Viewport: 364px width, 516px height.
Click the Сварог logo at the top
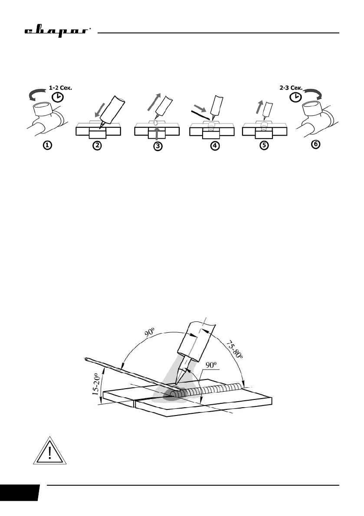click(x=56, y=32)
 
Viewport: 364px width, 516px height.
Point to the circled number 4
click(x=214, y=146)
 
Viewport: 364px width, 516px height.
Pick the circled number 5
click(x=265, y=146)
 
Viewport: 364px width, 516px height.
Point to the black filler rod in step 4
click(x=201, y=114)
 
